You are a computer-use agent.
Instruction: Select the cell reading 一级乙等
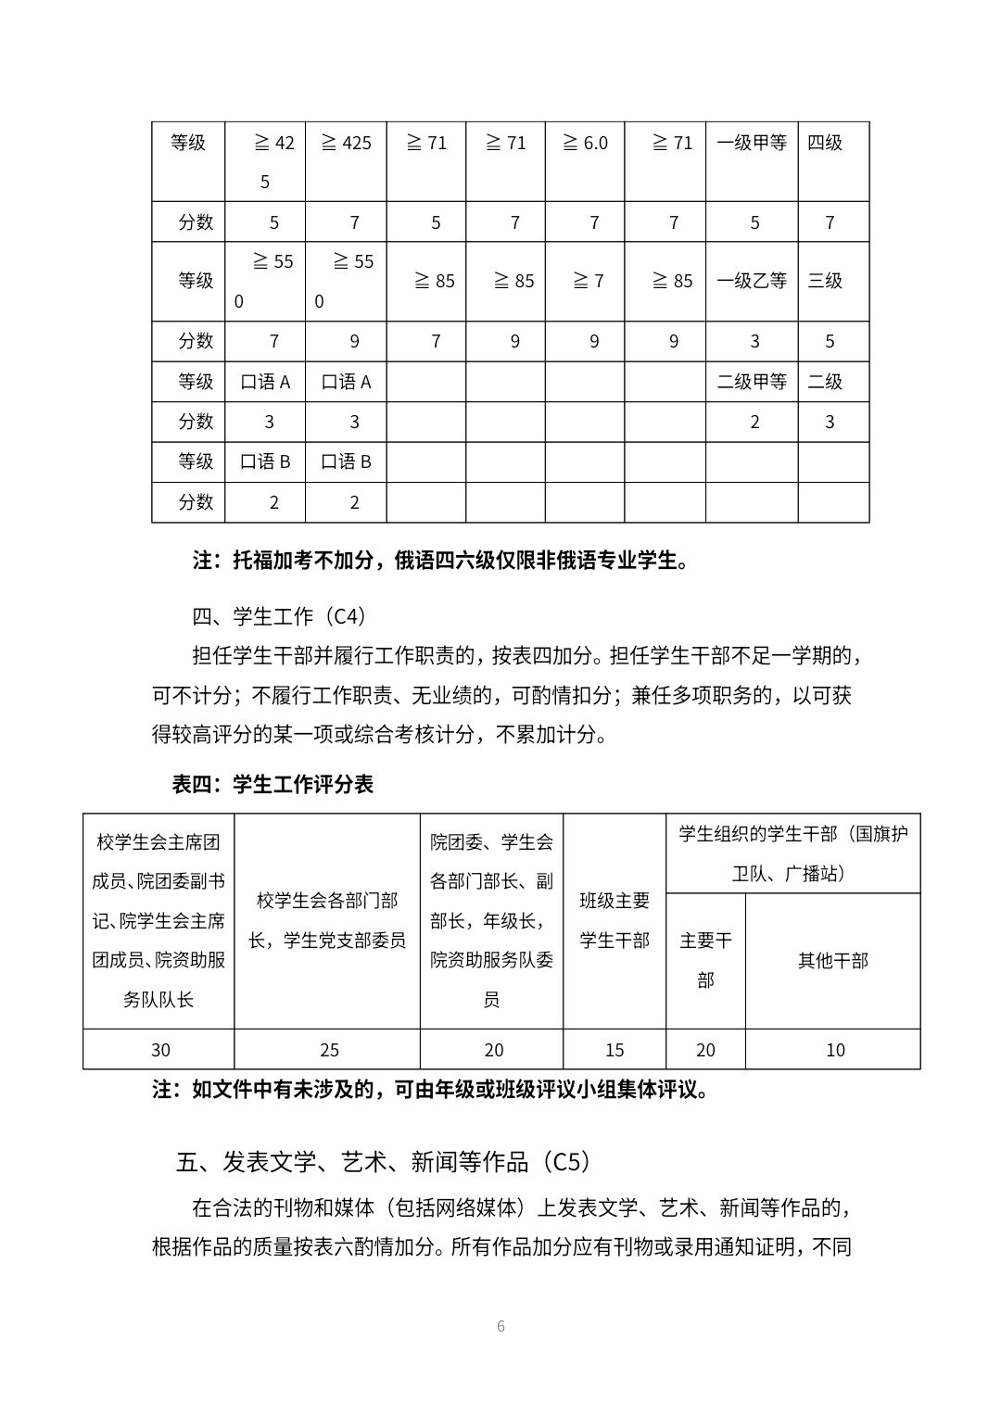751,281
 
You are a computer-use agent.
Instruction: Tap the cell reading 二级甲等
751,382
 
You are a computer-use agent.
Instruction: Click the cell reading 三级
825,281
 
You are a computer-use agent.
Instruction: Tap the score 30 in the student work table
160,1050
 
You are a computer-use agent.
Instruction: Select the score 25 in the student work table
329,1050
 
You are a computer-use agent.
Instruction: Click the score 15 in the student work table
614,1050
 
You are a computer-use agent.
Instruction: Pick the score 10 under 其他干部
835,1050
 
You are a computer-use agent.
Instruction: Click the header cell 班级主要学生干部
615,920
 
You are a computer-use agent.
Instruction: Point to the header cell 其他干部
833,961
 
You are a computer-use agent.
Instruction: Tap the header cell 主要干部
705,960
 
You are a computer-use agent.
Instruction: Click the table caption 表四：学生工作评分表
272,784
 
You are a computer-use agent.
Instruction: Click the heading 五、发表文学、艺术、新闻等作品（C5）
383,1161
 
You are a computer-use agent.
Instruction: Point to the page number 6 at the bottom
500,1326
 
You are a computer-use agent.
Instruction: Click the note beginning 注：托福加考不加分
440,561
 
